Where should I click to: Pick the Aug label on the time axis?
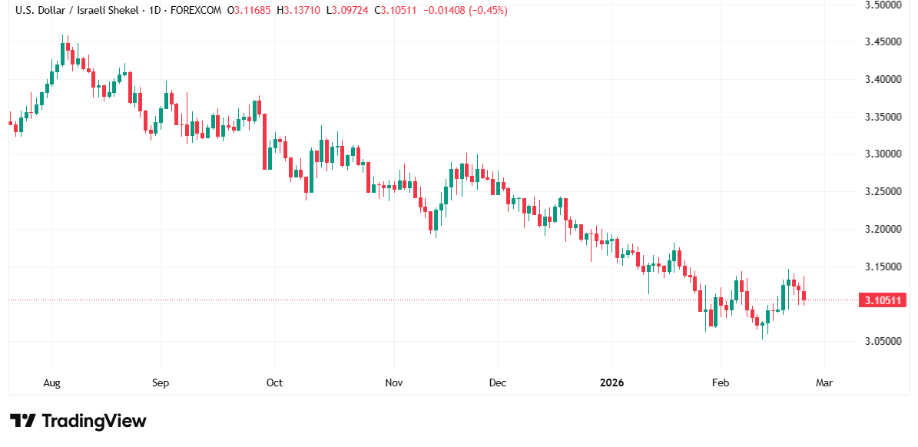coord(51,382)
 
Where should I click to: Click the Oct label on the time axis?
coord(274,382)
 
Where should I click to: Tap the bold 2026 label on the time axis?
coord(611,382)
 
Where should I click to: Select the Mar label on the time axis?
coord(824,382)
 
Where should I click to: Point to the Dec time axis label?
coord(497,382)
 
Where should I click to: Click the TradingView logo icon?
coord(23,421)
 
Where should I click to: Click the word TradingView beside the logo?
coord(94,421)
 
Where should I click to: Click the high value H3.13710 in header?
coord(301,11)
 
